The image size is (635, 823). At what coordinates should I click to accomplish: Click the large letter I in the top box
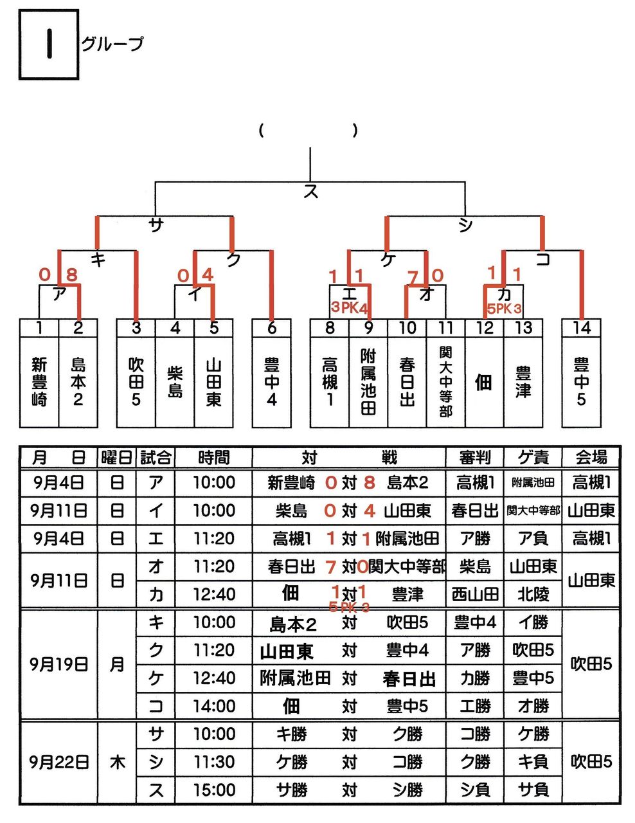48,44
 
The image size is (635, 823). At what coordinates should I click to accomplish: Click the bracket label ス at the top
310,191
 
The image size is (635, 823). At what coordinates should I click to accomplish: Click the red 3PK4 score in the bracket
350,307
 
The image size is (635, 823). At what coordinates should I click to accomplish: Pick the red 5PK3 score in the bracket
504,308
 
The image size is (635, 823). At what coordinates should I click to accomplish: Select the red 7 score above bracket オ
413,277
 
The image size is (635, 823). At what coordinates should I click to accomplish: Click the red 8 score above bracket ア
71,275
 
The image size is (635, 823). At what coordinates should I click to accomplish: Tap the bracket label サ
156,224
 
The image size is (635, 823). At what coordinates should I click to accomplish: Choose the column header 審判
475,458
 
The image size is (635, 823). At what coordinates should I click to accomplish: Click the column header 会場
591,458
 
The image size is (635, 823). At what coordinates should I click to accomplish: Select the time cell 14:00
214,706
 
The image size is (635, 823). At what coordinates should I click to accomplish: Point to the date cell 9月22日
58,762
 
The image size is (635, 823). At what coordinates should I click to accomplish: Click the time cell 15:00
214,790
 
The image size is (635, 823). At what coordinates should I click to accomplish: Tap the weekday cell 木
116,762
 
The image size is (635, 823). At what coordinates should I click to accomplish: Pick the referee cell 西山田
475,595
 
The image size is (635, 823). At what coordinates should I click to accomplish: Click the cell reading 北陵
533,595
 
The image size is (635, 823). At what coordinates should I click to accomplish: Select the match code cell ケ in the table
156,678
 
